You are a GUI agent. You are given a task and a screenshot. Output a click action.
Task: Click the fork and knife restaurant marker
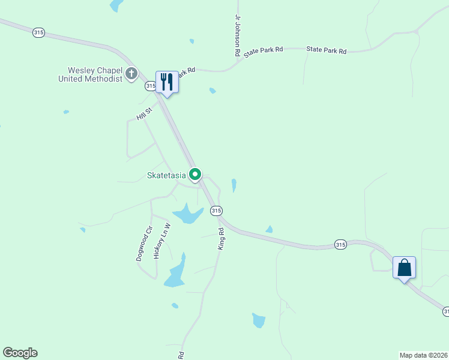click(167, 82)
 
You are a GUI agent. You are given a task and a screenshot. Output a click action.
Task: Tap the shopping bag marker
click(404, 267)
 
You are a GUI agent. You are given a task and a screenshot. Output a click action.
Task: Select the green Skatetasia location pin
click(195, 175)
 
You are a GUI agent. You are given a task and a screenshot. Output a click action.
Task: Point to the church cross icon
click(131, 74)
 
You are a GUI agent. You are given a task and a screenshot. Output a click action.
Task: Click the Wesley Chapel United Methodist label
click(91, 74)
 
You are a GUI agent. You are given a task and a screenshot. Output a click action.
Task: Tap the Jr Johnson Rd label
click(238, 36)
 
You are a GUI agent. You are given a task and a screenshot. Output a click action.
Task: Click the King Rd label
click(221, 239)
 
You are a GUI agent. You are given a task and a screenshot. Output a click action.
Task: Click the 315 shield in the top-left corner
click(38, 33)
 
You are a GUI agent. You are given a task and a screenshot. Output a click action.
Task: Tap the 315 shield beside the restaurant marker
click(151, 86)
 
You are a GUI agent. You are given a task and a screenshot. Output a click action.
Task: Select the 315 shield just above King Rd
click(217, 211)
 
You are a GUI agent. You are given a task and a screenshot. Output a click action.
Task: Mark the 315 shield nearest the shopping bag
click(340, 244)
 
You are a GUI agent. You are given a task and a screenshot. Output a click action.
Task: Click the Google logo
click(20, 353)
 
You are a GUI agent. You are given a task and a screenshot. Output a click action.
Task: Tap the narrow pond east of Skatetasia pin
click(234, 185)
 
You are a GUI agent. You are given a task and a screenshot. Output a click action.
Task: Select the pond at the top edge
click(116, 5)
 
